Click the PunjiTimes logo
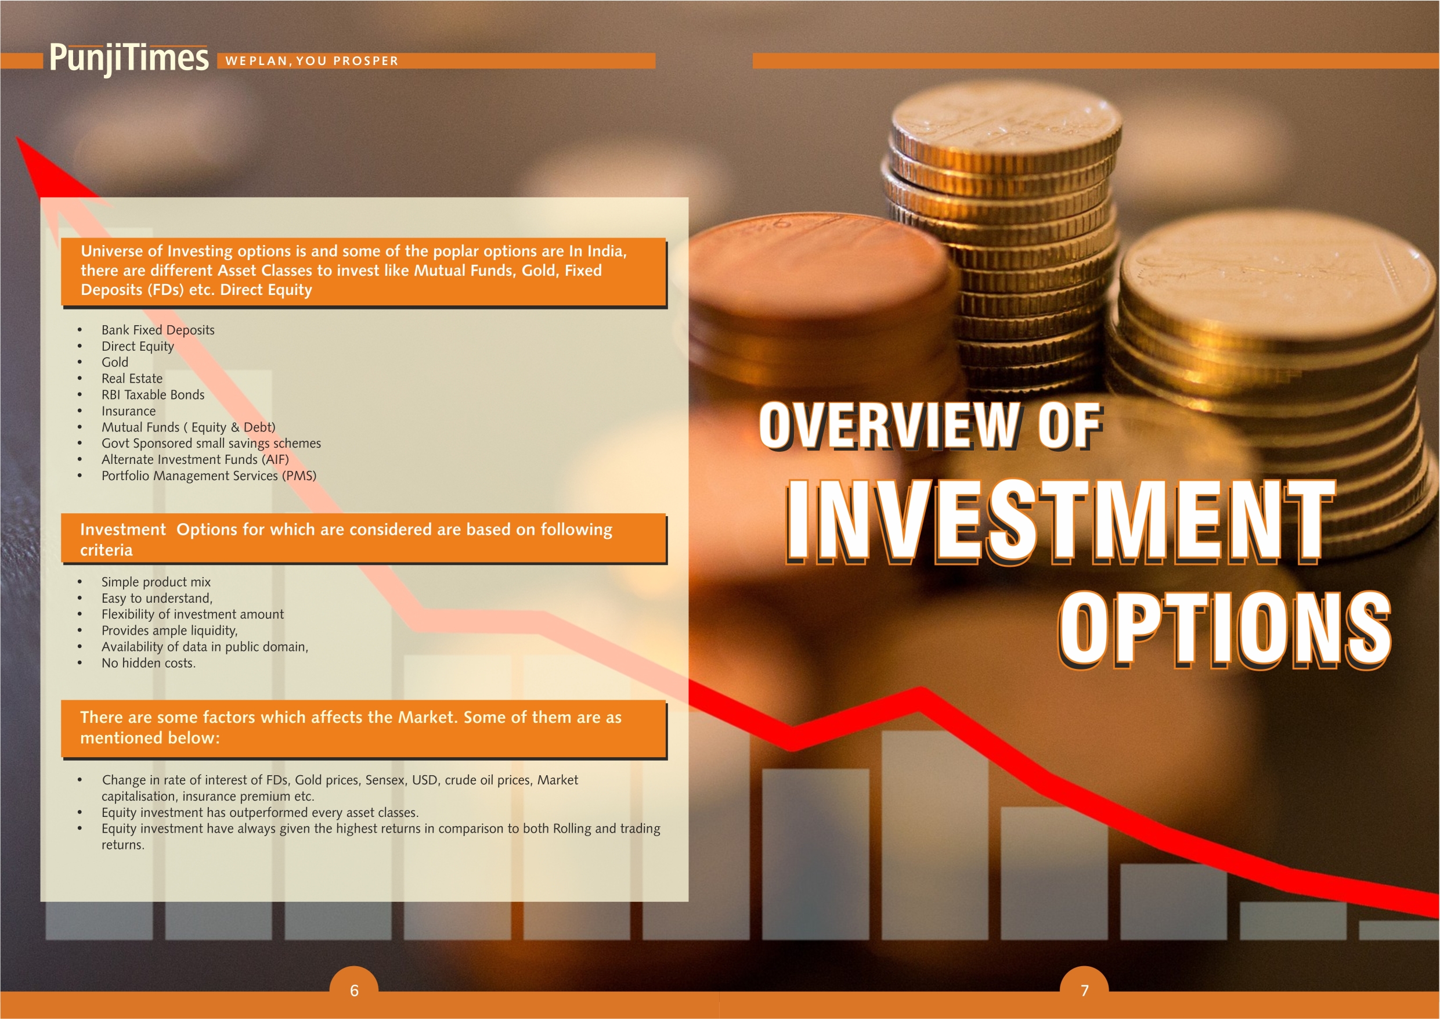(x=129, y=59)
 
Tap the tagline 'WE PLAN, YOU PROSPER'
(x=312, y=61)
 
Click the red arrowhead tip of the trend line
(x=17, y=138)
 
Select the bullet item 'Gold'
(x=115, y=362)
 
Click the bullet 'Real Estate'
(x=132, y=379)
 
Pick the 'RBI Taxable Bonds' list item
(x=153, y=395)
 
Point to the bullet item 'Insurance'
(x=129, y=411)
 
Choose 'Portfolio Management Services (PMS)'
(x=209, y=476)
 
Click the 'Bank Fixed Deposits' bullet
(x=158, y=330)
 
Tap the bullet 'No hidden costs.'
(x=149, y=662)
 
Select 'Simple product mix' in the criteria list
(x=156, y=582)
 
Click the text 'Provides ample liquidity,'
(x=169, y=631)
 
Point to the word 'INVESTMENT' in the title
(x=1059, y=521)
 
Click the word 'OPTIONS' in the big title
(x=1225, y=629)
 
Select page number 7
(x=1084, y=990)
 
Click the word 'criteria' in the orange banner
(x=106, y=550)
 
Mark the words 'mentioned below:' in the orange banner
(x=150, y=738)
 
